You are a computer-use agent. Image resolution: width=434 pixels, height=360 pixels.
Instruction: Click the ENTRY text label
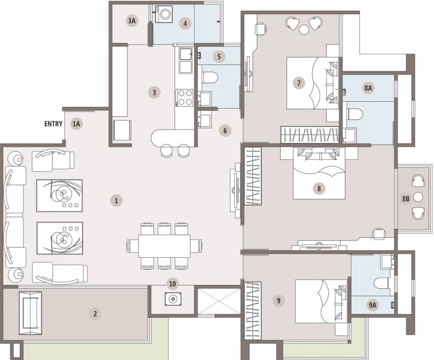pyautogui.click(x=53, y=124)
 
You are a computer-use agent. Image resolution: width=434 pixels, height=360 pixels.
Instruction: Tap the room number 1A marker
pyautogui.click(x=76, y=124)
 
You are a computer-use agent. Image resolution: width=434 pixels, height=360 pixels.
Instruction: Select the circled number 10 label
pyautogui.click(x=173, y=283)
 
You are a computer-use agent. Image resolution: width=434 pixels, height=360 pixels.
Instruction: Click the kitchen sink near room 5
pyautogui.click(x=185, y=54)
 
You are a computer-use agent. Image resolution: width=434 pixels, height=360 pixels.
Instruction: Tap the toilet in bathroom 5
pyautogui.click(x=210, y=77)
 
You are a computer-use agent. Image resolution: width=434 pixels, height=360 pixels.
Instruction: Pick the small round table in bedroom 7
pyautogui.click(x=305, y=30)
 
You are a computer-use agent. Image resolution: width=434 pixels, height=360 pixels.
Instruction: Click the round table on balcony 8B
pyautogui.click(x=419, y=197)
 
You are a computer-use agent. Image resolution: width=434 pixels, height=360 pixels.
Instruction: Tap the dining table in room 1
pyautogui.click(x=164, y=246)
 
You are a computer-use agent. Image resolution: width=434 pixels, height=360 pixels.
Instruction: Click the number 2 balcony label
pyautogui.click(x=95, y=314)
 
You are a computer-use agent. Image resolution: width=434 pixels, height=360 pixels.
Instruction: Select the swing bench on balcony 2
pyautogui.click(x=30, y=313)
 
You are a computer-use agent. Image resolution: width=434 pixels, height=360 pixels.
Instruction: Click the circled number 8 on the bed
pyautogui.click(x=319, y=188)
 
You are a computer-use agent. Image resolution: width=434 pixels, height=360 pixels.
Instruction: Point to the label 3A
pyautogui.click(x=132, y=21)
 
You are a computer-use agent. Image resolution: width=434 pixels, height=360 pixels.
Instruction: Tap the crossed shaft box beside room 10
pyautogui.click(x=219, y=301)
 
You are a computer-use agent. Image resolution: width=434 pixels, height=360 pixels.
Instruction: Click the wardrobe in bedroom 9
pyautogui.click(x=252, y=309)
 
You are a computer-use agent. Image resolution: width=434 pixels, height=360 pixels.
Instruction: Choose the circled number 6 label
pyautogui.click(x=225, y=130)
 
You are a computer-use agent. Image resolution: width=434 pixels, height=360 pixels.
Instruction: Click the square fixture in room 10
pyautogui.click(x=172, y=299)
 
